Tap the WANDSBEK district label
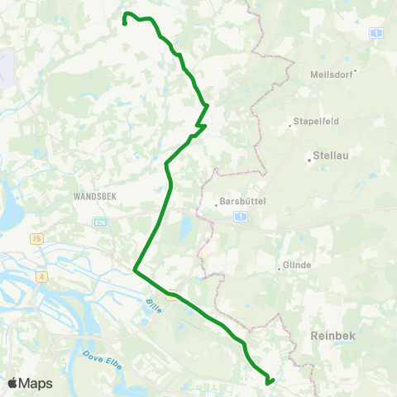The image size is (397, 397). coord(98,198)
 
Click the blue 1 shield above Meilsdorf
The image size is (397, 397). coord(376,32)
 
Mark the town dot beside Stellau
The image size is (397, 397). coord(309,160)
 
